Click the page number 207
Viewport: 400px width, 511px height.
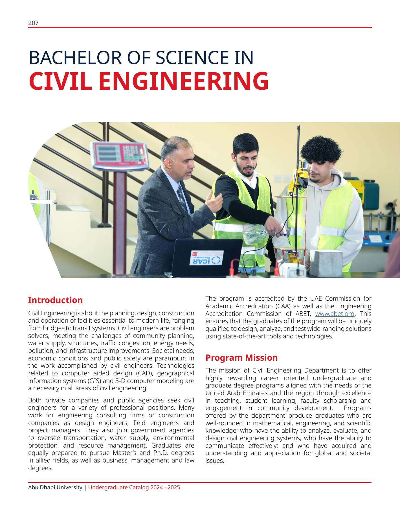coord(33,23)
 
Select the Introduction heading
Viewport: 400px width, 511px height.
coord(55,300)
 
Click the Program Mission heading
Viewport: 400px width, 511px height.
coord(241,358)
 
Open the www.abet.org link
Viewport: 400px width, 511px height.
coord(335,314)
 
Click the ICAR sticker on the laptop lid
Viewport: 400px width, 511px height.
coord(206,258)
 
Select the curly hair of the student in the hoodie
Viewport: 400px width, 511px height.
coord(321,149)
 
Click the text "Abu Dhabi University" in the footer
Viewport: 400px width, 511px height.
coord(55,487)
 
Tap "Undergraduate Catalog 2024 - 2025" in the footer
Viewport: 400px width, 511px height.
coord(134,487)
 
